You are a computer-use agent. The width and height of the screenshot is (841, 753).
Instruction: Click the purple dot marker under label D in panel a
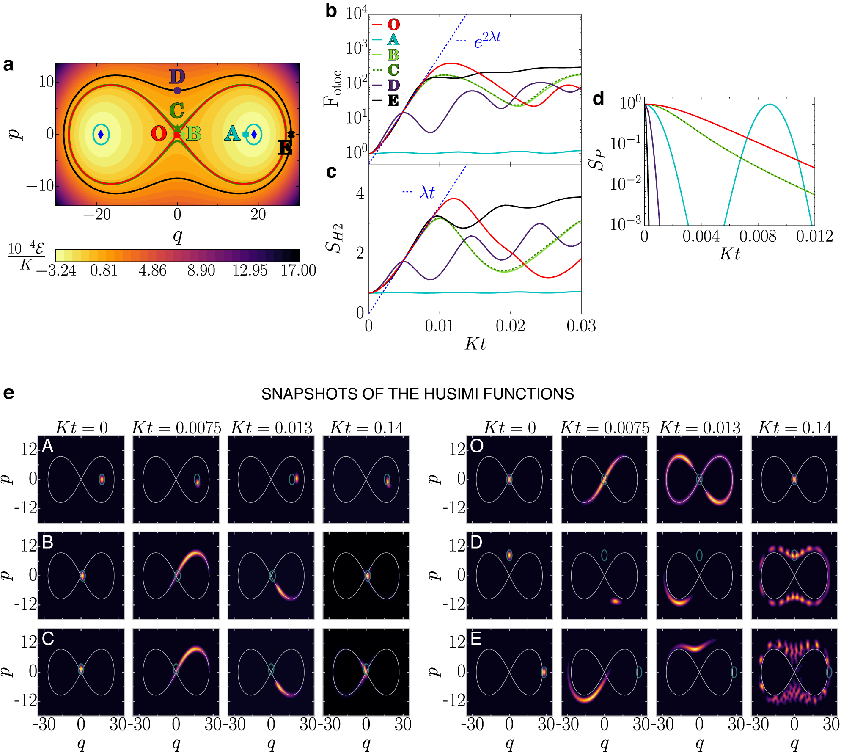[177, 90]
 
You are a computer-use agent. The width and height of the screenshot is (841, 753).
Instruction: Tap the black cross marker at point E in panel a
[291, 135]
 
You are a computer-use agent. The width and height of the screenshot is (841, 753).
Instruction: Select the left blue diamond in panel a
[101, 135]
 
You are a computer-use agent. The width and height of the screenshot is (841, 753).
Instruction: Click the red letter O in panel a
[159, 134]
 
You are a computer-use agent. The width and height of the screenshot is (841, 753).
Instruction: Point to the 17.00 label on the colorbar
[298, 270]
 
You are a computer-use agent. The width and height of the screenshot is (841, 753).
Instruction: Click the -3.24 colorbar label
[56, 270]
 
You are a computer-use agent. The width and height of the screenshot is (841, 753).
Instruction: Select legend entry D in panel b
[393, 85]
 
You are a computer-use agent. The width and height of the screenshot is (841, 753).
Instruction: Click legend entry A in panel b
[393, 40]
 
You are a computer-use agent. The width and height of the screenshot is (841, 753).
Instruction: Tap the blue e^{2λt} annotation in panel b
[487, 40]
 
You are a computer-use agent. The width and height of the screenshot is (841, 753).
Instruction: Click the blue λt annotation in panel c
[426, 193]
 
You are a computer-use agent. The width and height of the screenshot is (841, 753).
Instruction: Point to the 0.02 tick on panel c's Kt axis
[510, 326]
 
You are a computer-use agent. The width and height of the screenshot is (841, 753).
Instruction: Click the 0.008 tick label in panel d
[758, 236]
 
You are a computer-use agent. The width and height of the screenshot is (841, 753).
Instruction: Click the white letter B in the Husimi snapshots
[48, 542]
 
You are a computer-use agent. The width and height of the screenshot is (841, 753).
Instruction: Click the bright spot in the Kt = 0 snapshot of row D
[509, 555]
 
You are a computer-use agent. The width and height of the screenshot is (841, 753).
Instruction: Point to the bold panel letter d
[598, 99]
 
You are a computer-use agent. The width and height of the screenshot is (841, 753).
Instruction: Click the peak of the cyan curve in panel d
[770, 105]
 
